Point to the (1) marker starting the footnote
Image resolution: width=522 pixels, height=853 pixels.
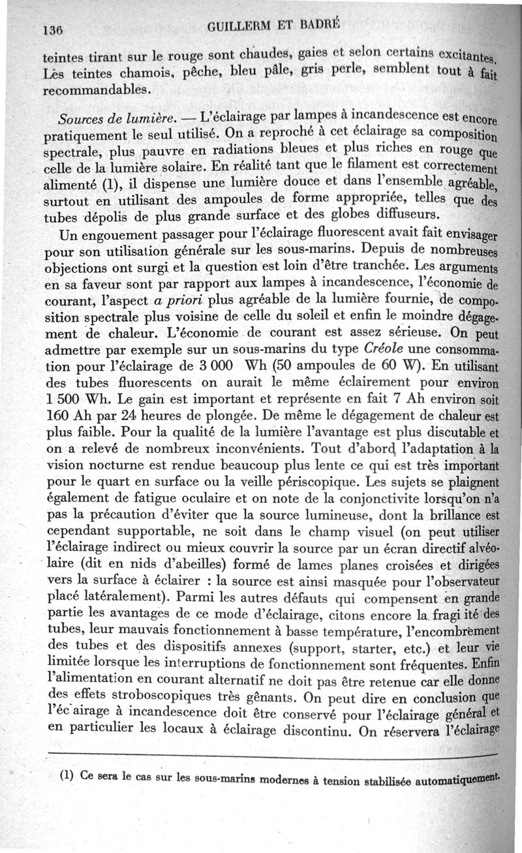[69, 777]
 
